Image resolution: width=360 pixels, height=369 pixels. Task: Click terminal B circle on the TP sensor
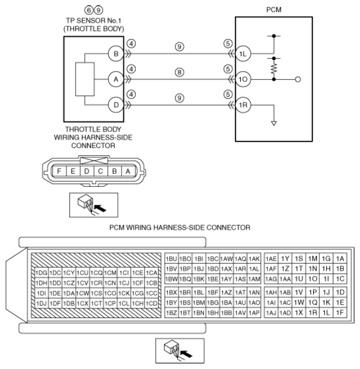pyautogui.click(x=116, y=54)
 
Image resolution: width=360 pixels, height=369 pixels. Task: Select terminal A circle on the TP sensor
pyautogui.click(x=116, y=79)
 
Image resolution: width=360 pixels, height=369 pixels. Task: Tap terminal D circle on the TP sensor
pyautogui.click(x=116, y=105)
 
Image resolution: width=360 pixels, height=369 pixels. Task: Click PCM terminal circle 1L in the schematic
pyautogui.click(x=243, y=54)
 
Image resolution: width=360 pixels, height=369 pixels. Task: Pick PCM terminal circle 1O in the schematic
pyautogui.click(x=243, y=79)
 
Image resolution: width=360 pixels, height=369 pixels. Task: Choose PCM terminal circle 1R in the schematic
pyautogui.click(x=243, y=105)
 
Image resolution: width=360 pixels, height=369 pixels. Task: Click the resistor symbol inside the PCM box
pyautogui.click(x=274, y=69)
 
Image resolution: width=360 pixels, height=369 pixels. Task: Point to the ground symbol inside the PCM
pyautogui.click(x=274, y=123)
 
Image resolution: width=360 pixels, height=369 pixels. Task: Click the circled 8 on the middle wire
pyautogui.click(x=179, y=72)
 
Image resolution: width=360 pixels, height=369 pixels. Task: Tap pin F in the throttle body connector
pyautogui.click(x=59, y=171)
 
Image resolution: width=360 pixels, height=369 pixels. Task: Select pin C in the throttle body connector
pyautogui.click(x=100, y=171)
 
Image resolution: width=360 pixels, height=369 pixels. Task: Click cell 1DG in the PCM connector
pyautogui.click(x=41, y=273)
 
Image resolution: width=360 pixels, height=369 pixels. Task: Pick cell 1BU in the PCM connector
pyautogui.click(x=171, y=259)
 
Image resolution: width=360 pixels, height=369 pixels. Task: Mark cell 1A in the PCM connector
pyautogui.click(x=340, y=259)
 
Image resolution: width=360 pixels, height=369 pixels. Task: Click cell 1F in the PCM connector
pyautogui.click(x=340, y=312)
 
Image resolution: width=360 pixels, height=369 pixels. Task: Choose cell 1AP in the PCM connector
pyautogui.click(x=255, y=312)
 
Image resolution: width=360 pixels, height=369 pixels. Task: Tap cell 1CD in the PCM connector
pyautogui.click(x=151, y=304)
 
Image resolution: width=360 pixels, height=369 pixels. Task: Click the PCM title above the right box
pyautogui.click(x=274, y=10)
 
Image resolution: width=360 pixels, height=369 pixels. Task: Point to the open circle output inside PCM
pyautogui.click(x=298, y=80)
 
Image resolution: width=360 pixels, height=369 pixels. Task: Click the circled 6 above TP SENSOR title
pyautogui.click(x=89, y=10)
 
